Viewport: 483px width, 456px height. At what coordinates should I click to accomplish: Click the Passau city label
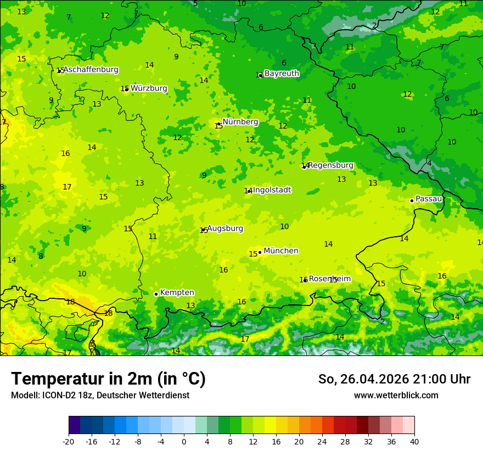[429, 199]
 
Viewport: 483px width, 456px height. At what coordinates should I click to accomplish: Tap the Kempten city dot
[156, 294]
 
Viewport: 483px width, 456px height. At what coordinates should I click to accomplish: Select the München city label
[281, 251]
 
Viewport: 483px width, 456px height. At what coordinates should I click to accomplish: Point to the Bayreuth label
[282, 74]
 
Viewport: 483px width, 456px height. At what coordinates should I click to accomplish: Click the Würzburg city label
[149, 88]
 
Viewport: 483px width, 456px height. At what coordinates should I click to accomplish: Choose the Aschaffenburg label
[91, 70]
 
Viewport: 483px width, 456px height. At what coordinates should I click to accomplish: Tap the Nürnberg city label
[240, 122]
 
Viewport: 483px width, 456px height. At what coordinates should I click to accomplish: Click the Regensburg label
[330, 165]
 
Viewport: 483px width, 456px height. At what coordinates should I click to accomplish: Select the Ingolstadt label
[272, 190]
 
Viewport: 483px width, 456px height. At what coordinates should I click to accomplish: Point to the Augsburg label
[225, 229]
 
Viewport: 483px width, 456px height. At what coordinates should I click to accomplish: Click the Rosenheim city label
[329, 279]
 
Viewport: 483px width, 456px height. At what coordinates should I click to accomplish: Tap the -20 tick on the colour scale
[69, 441]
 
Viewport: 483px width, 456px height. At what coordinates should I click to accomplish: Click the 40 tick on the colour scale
[414, 441]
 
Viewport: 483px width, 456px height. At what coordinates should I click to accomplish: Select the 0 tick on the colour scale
[184, 441]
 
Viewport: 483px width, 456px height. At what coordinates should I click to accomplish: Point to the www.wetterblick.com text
[396, 396]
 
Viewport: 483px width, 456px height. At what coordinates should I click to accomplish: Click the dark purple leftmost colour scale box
[74, 425]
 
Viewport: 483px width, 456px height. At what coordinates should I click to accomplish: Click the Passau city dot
[412, 201]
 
